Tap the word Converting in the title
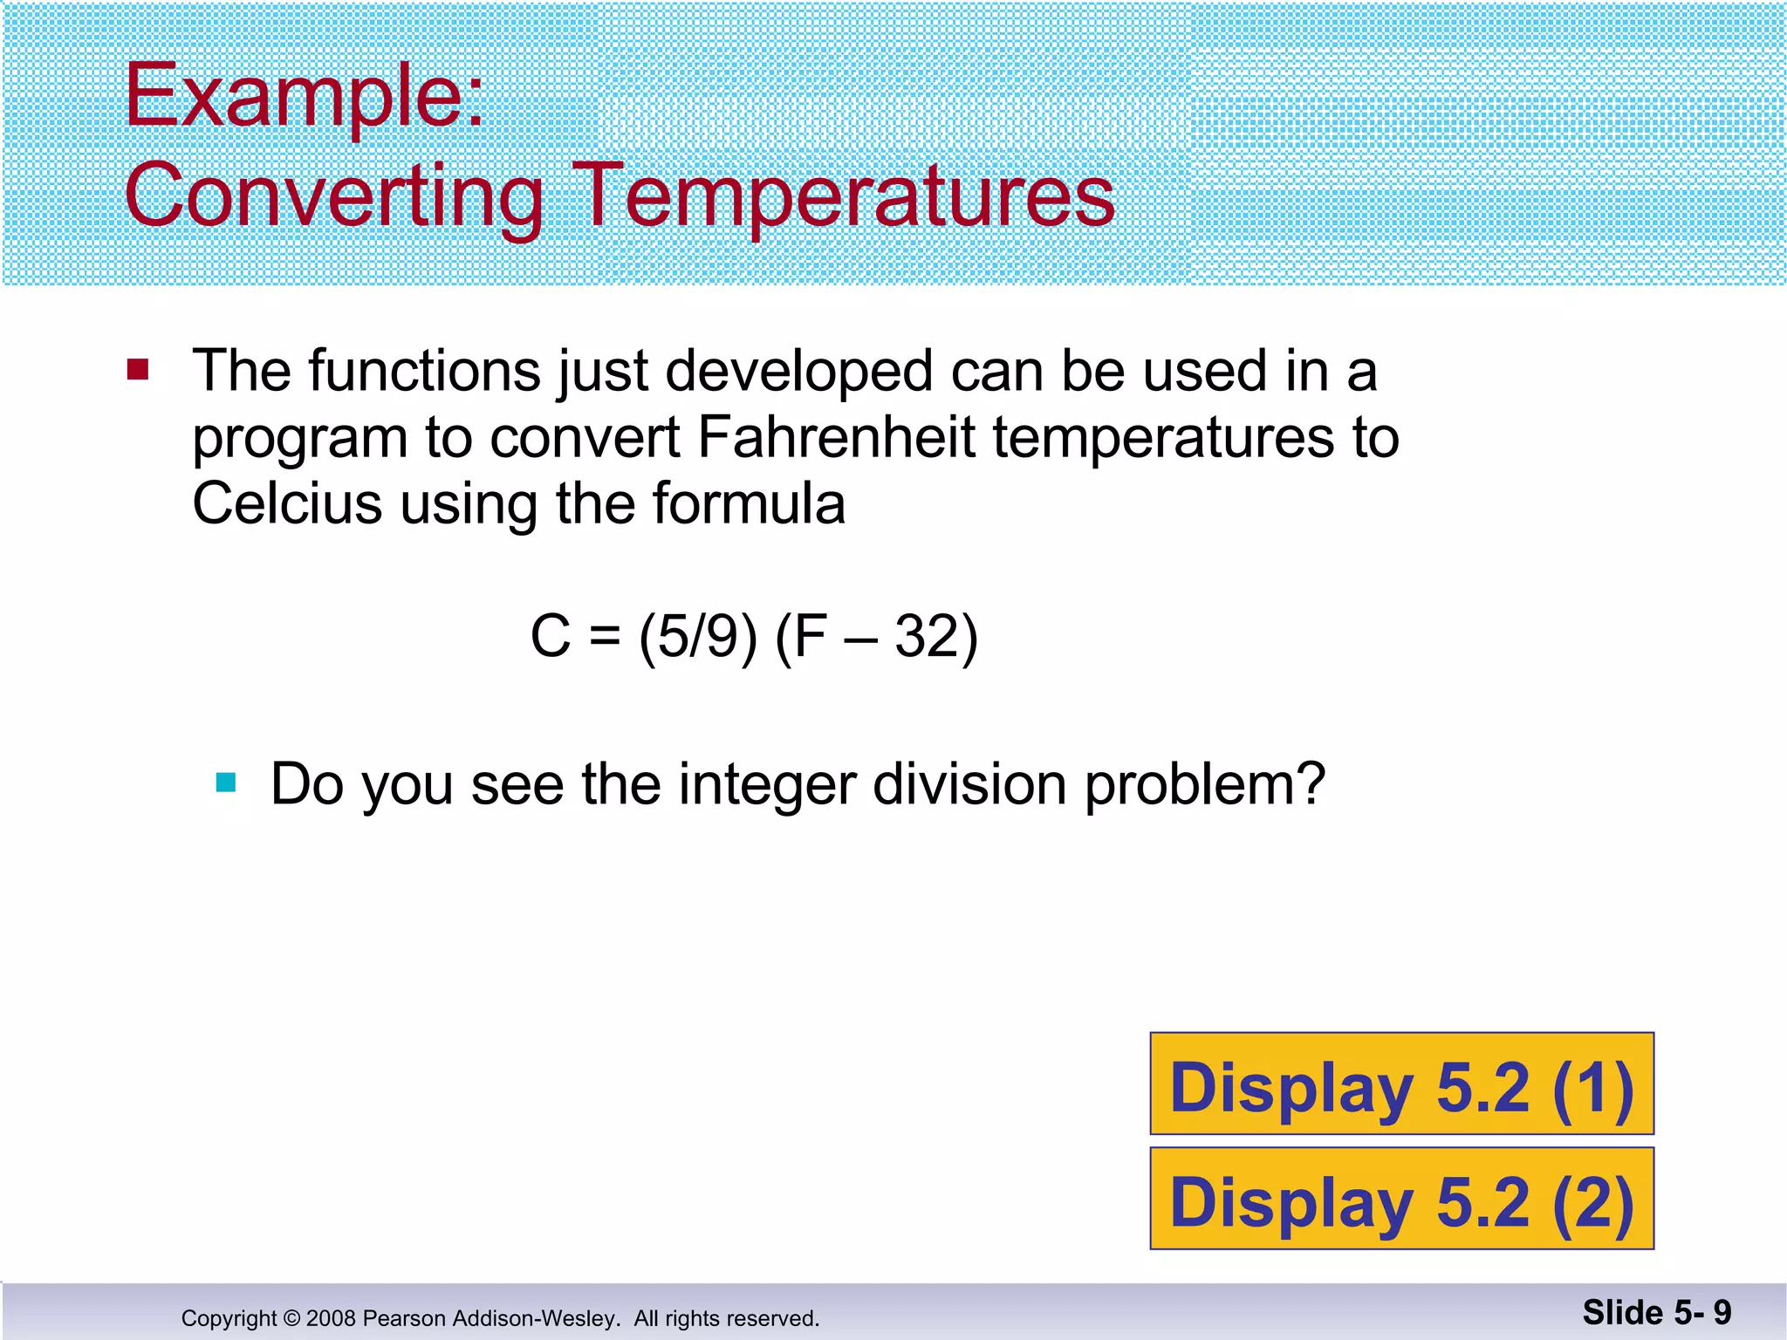pyautogui.click(x=334, y=195)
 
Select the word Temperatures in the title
pyautogui.click(x=844, y=195)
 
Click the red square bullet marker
pyautogui.click(x=138, y=370)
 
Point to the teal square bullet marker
pyautogui.click(x=226, y=783)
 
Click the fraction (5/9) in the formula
pyautogui.click(x=698, y=636)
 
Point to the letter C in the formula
pyautogui.click(x=550, y=636)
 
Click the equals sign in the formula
pyautogui.click(x=605, y=638)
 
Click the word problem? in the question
pyautogui.click(x=1205, y=783)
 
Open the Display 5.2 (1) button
pyautogui.click(x=1401, y=1084)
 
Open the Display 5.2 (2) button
pyautogui.click(x=1401, y=1200)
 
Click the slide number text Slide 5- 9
pyautogui.click(x=1656, y=1312)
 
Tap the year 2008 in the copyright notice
pyautogui.click(x=331, y=1318)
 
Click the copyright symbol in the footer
pyautogui.click(x=291, y=1318)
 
